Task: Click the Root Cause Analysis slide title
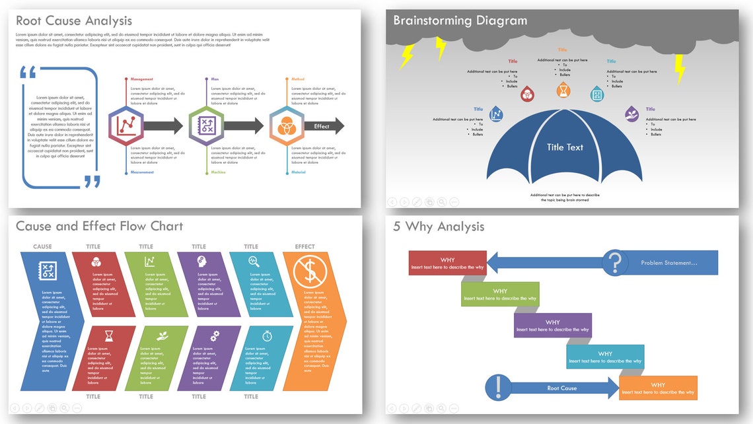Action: coord(74,22)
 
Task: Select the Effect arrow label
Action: coord(322,126)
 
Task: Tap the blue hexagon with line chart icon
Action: coord(126,125)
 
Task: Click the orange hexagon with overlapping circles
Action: coord(286,125)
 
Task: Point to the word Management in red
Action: coord(142,79)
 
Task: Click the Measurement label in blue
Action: coord(142,172)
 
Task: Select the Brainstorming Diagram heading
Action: coord(460,20)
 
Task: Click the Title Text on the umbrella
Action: coord(565,147)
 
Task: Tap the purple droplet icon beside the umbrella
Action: coord(632,114)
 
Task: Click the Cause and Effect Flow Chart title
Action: coord(99,227)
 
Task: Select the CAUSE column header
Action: coord(42,247)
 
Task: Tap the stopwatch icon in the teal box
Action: coord(267,336)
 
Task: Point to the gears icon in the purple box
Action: coord(215,336)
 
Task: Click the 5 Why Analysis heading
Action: coord(439,227)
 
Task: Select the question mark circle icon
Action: coord(615,263)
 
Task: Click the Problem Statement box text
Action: coord(669,263)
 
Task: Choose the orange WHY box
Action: coord(658,388)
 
